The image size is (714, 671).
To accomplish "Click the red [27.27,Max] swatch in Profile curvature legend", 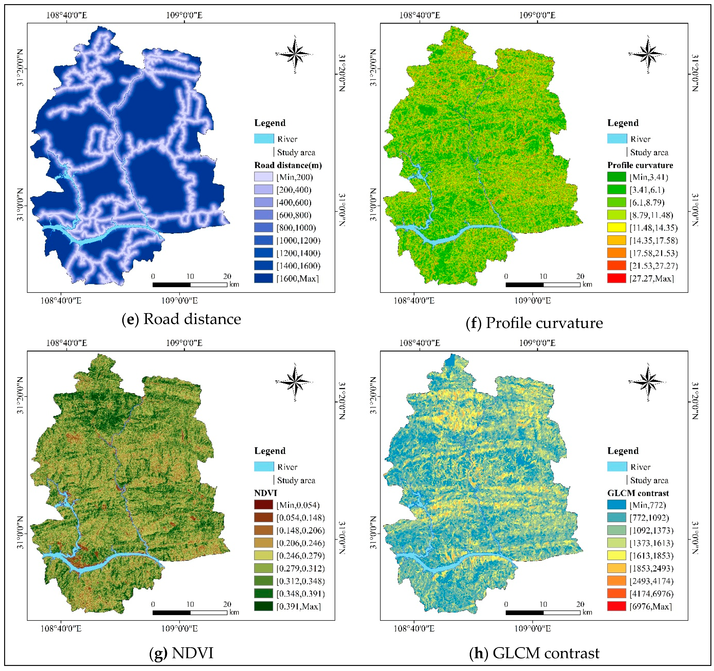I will coord(616,278).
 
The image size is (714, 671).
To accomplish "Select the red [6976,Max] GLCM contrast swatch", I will coord(616,606).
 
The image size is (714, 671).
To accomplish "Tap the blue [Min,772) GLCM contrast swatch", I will coord(616,505).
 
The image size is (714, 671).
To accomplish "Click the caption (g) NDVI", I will coord(181,653).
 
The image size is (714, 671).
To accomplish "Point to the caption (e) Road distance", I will coord(181,319).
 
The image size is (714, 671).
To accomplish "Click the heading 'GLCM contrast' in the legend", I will coord(638,493).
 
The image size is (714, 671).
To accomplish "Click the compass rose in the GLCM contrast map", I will coord(648,382).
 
